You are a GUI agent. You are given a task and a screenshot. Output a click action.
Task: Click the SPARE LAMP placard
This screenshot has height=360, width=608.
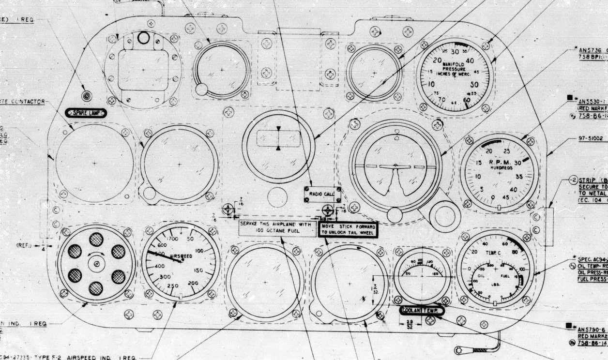click(86, 113)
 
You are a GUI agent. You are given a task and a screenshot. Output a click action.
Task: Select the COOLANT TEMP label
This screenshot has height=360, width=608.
click(422, 311)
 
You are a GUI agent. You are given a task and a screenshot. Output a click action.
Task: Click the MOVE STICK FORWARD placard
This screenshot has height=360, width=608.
click(348, 229)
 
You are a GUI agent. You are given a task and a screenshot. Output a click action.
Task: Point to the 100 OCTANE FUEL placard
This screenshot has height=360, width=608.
click(277, 228)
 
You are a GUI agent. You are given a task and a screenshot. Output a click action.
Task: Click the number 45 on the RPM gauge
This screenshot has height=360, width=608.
click(506, 197)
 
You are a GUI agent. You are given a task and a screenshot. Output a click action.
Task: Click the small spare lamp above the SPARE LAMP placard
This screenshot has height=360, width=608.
click(87, 96)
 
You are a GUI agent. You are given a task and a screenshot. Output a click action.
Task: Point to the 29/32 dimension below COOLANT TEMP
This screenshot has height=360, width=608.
click(410, 324)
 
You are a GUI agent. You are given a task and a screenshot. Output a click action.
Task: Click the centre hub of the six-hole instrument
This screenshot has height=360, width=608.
click(96, 263)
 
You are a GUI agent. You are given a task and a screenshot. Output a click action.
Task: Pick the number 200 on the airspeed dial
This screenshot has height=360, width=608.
click(193, 283)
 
